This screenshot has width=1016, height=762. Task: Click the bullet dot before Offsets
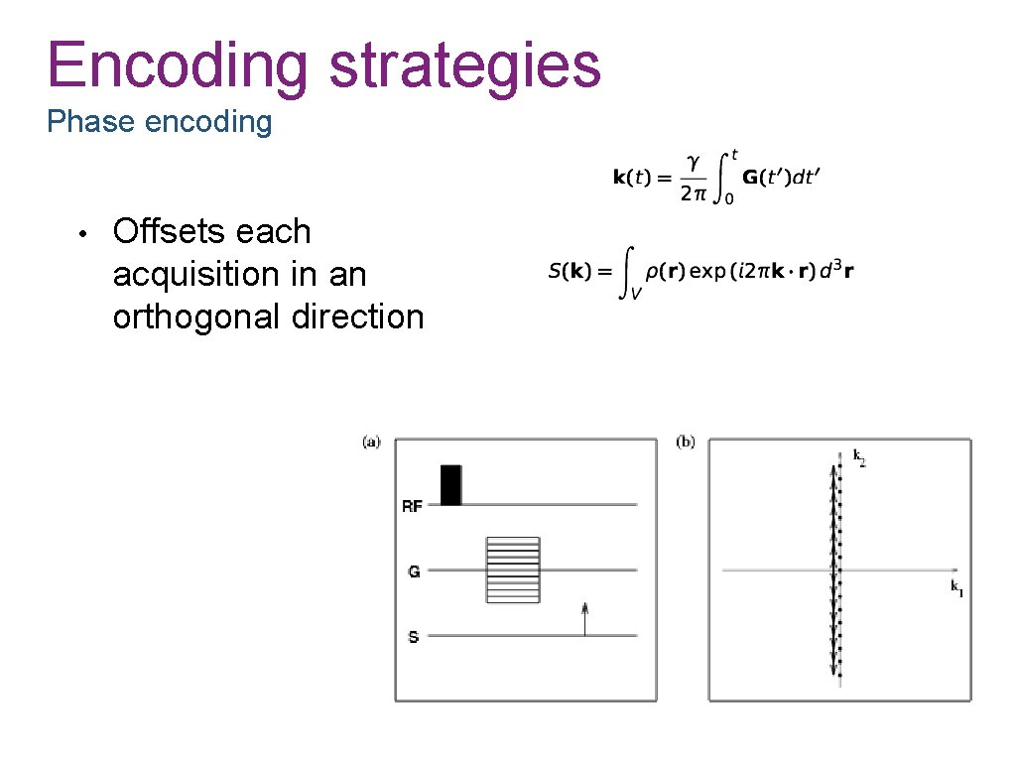point(86,233)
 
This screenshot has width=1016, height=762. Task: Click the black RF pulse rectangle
point(450,484)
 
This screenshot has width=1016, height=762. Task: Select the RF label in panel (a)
point(412,506)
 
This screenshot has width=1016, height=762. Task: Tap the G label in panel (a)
point(413,571)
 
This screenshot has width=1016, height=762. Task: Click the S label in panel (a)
point(413,637)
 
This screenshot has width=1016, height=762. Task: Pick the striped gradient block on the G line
point(512,570)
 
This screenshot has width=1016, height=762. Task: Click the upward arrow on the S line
point(584,617)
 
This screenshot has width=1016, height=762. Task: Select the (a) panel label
point(371,441)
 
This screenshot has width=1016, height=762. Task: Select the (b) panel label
point(686,441)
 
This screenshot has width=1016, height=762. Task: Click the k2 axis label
point(858,457)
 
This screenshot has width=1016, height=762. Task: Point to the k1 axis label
point(956,588)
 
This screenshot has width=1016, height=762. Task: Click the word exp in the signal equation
point(707,271)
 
